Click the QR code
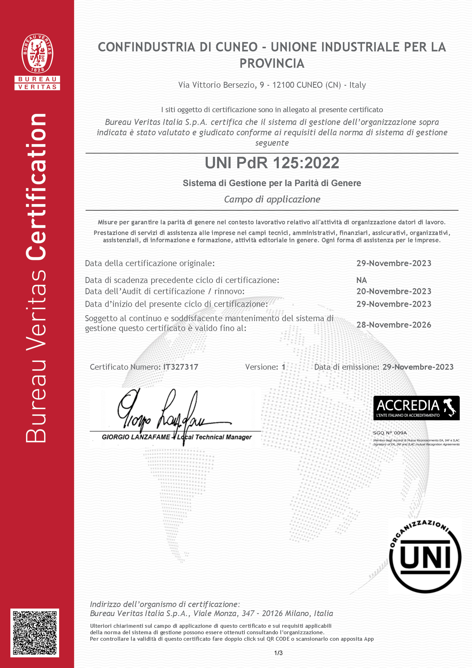tap(34, 633)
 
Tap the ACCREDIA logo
tap(416, 408)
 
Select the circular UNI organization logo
tap(425, 557)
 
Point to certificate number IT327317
tap(181, 367)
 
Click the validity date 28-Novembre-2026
tap(393, 325)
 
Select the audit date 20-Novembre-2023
tap(393, 291)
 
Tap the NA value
tap(362, 280)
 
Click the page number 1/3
tap(278, 653)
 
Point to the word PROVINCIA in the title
tap(272, 63)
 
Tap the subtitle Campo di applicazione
tap(272, 199)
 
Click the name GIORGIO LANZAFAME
tap(136, 437)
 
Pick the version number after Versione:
tap(283, 367)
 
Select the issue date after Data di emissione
tap(418, 367)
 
